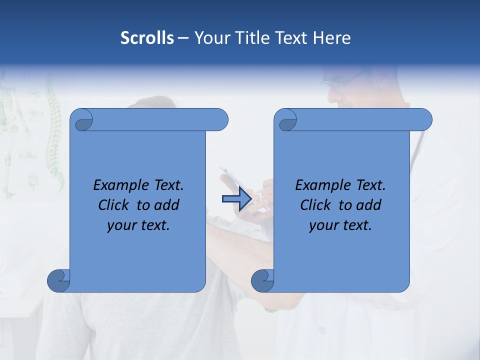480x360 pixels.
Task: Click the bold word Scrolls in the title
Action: [x=147, y=37]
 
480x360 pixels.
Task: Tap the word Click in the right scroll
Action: [x=315, y=205]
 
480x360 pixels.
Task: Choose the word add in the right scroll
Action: [x=369, y=205]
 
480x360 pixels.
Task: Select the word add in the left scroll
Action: [x=167, y=205]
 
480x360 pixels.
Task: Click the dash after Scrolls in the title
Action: [x=183, y=38]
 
